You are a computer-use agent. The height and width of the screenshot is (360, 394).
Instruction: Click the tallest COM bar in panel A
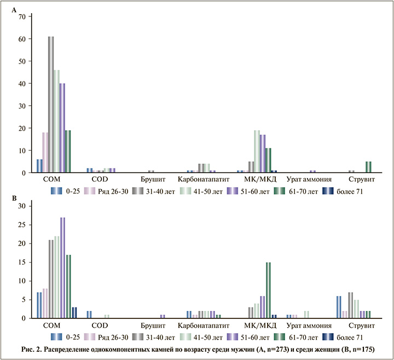point(51,104)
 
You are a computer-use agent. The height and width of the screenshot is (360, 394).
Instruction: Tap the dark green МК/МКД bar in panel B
point(268,290)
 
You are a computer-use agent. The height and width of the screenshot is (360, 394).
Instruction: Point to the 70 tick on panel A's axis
point(22,16)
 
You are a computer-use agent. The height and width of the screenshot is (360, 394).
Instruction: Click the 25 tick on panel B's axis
point(22,225)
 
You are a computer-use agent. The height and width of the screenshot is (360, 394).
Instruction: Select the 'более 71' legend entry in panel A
point(344,191)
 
